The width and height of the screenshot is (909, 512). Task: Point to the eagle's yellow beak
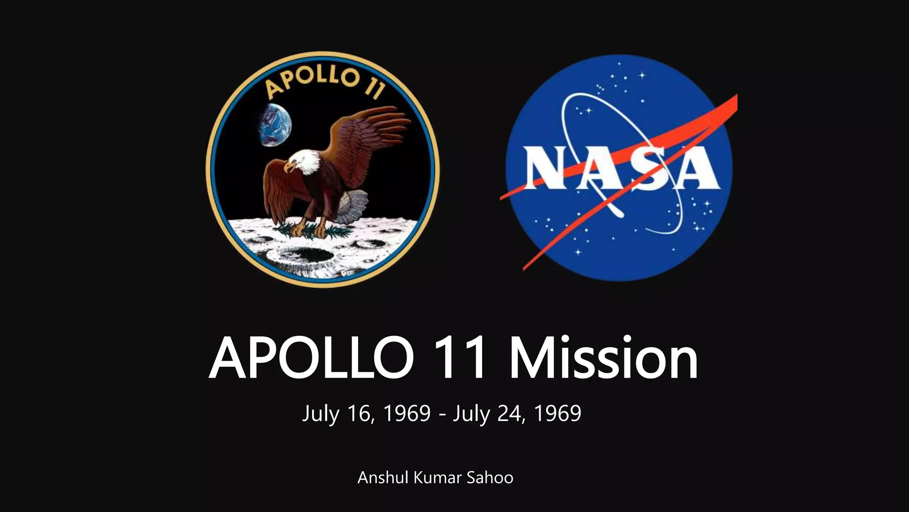coord(289,167)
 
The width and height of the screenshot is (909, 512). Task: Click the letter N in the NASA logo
coord(547,168)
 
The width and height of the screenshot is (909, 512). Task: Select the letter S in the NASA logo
coord(654,168)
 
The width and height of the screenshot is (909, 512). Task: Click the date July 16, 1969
coord(366,413)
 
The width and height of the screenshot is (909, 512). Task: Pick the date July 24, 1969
coord(517,413)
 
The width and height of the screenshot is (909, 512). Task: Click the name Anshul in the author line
coord(383,478)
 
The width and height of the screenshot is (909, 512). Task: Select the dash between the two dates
coord(442,415)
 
